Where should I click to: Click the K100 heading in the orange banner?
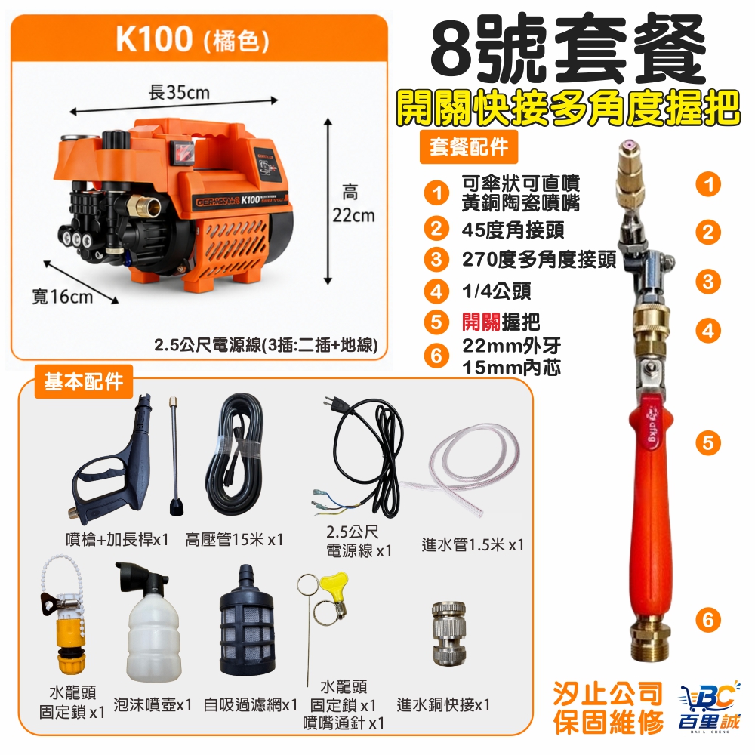(153, 39)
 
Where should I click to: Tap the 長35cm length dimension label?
(179, 92)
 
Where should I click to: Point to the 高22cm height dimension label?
(353, 204)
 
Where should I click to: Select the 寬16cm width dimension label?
(62, 296)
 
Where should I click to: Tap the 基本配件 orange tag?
(83, 381)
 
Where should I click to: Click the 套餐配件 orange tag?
(469, 146)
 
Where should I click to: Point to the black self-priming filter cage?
(247, 621)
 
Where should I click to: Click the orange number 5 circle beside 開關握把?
(436, 322)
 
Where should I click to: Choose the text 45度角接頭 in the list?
(513, 230)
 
